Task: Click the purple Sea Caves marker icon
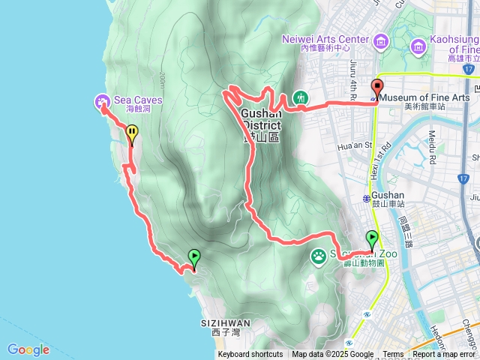click(x=101, y=101)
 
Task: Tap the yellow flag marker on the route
click(x=132, y=134)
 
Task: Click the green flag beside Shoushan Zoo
click(x=372, y=239)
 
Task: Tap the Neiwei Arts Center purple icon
click(x=381, y=40)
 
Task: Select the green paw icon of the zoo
click(x=319, y=256)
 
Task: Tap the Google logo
click(x=28, y=349)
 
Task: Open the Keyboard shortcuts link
click(x=250, y=355)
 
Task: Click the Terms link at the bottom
click(x=393, y=355)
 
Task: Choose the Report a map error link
click(x=444, y=355)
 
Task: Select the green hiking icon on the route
click(x=300, y=97)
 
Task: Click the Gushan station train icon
click(x=366, y=198)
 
